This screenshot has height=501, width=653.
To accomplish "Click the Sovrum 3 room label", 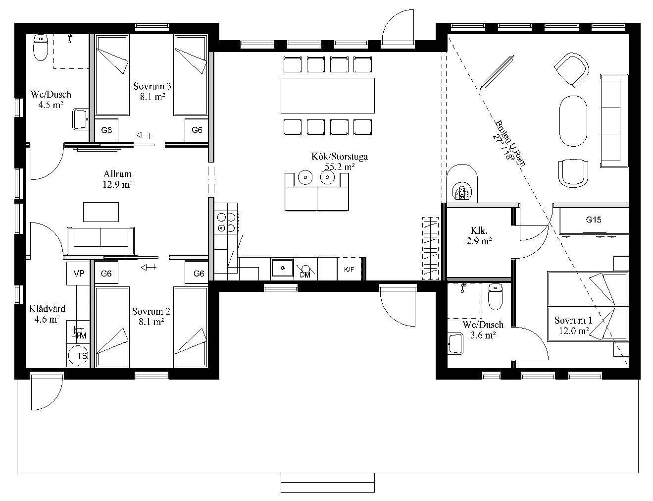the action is (152, 86).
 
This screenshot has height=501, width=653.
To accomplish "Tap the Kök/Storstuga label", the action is (339, 157).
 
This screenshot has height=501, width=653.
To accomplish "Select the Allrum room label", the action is (117, 174).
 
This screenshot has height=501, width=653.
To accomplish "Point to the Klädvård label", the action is (47, 309).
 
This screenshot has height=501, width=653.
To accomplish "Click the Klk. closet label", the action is (479, 230).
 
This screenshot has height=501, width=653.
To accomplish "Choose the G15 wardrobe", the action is (594, 220).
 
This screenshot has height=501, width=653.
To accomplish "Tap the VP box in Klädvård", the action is (78, 274).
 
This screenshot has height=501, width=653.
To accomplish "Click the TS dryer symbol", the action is (78, 356).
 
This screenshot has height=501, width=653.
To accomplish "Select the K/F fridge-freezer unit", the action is (349, 269).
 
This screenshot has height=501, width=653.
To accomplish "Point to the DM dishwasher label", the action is (304, 275).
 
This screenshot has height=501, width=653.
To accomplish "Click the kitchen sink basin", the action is (282, 268).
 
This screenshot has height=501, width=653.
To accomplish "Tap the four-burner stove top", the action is (226, 223).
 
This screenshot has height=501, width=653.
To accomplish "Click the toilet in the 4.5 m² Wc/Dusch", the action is (41, 48).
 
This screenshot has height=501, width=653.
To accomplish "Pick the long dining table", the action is (328, 95).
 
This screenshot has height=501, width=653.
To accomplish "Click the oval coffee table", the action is (573, 121).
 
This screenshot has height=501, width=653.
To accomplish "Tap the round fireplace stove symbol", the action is (461, 183).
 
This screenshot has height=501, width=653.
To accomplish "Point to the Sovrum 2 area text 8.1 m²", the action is (151, 322).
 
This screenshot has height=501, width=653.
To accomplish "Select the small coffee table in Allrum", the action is (101, 212).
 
